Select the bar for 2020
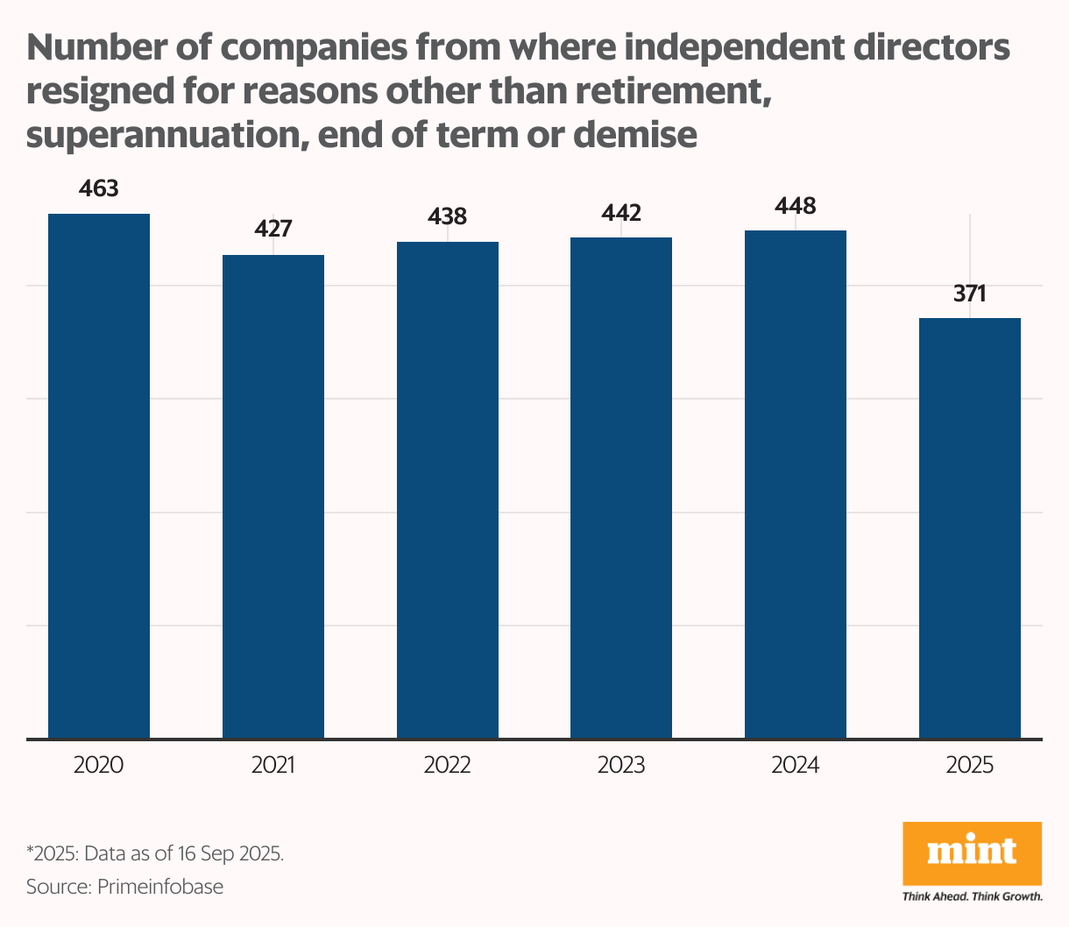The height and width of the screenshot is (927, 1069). pyautogui.click(x=99, y=476)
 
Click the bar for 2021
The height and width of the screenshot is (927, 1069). pyautogui.click(x=273, y=496)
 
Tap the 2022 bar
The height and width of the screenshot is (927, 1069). pyautogui.click(x=448, y=490)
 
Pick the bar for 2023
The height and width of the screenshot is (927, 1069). pyautogui.click(x=621, y=487)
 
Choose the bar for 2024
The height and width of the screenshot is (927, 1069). pyautogui.click(x=796, y=484)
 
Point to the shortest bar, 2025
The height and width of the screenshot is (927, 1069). pyautogui.click(x=970, y=527)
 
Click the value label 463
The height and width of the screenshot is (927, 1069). pyautogui.click(x=99, y=188)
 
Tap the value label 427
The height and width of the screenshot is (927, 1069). pyautogui.click(x=273, y=230)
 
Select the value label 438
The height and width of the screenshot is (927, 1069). pyautogui.click(x=448, y=216)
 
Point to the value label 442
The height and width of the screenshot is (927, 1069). pyautogui.click(x=621, y=212)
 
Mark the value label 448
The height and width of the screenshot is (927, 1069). pyautogui.click(x=796, y=206)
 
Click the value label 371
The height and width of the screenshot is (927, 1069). pyautogui.click(x=970, y=294)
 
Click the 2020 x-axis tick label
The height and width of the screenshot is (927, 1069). pyautogui.click(x=99, y=765)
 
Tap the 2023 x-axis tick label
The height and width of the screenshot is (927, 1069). pyautogui.click(x=621, y=765)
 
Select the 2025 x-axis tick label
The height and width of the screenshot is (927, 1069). pyautogui.click(x=970, y=765)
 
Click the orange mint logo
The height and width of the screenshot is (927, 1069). pyautogui.click(x=972, y=853)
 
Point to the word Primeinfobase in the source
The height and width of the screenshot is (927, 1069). pyautogui.click(x=160, y=886)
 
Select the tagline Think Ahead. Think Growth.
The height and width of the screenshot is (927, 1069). pyautogui.click(x=972, y=896)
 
